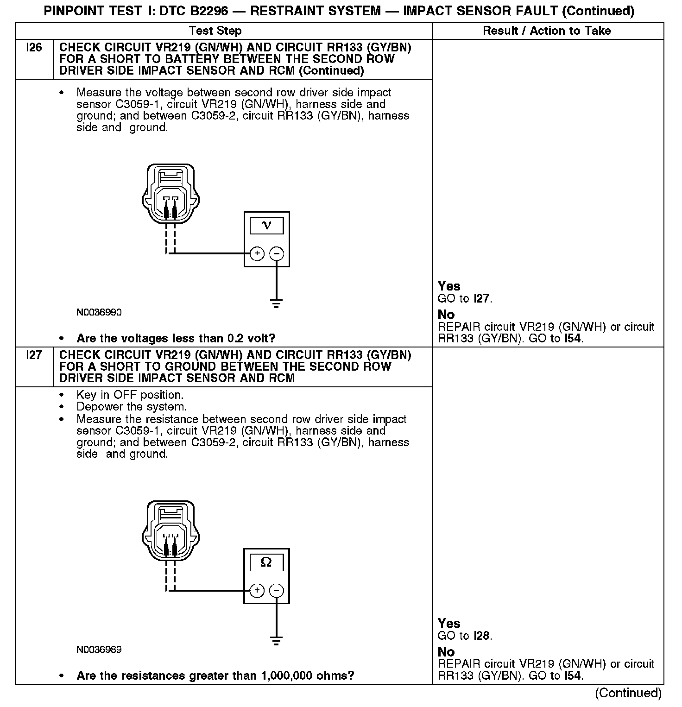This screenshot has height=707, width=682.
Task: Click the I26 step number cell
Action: pyautogui.click(x=34, y=47)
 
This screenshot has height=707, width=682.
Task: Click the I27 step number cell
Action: pyautogui.click(x=34, y=355)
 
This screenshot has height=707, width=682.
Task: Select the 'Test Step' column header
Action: pyautogui.click(x=215, y=31)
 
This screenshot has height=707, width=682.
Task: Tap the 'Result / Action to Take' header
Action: pyautogui.click(x=547, y=31)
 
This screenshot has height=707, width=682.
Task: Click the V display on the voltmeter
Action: pyautogui.click(x=266, y=226)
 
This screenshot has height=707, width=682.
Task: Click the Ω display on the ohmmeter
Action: pyautogui.click(x=266, y=562)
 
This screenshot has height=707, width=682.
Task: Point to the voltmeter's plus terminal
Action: pyautogui.click(x=257, y=253)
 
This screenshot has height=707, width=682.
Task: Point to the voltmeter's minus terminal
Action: pyautogui.click(x=277, y=253)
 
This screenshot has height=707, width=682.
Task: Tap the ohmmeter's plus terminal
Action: pyautogui.click(x=257, y=590)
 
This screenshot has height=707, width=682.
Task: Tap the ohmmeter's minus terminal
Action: pyautogui.click(x=277, y=590)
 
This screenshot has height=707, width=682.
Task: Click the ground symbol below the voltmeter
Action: pyautogui.click(x=277, y=304)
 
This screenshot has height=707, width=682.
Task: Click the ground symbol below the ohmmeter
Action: pyautogui.click(x=277, y=641)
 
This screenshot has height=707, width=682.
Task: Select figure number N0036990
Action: pyautogui.click(x=99, y=313)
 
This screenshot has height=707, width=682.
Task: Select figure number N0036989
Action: pyautogui.click(x=99, y=650)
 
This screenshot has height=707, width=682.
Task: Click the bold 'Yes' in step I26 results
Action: pyautogui.click(x=449, y=286)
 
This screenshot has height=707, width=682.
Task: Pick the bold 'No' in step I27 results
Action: pyautogui.click(x=446, y=651)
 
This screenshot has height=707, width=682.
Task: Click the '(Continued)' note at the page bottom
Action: pyautogui.click(x=628, y=693)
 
